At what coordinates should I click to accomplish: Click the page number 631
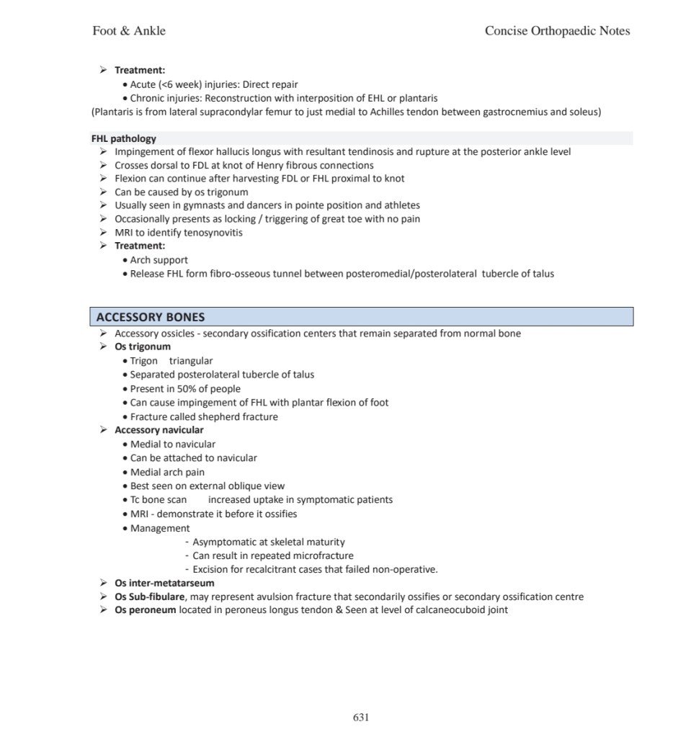(361, 717)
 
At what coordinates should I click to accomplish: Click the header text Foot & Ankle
(129, 30)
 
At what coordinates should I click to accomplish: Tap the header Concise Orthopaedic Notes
(557, 30)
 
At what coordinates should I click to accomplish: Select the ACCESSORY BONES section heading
(151, 317)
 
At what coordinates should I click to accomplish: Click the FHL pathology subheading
(123, 138)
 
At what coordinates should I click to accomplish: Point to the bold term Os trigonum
(143, 347)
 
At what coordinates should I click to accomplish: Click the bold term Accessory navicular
(159, 430)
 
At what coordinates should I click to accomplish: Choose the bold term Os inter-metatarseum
(164, 583)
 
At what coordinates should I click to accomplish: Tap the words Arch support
(159, 260)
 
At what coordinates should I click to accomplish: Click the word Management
(160, 528)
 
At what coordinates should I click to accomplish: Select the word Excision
(214, 569)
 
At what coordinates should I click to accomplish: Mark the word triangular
(191, 360)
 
